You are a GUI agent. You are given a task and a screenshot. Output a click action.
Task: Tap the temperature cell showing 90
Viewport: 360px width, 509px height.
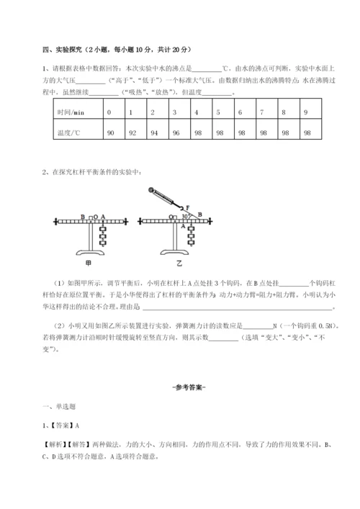(110, 133)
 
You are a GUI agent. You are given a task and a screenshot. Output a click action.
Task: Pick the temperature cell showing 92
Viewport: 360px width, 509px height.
(131, 133)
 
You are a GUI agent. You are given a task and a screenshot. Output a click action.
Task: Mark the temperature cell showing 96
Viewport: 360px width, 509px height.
(175, 133)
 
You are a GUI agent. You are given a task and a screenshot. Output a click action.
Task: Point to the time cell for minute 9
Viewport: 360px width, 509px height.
(307, 114)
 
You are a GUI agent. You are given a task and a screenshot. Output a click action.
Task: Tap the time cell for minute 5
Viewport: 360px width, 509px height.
(219, 114)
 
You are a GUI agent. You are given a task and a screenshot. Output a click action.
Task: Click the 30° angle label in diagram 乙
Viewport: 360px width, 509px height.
(185, 215)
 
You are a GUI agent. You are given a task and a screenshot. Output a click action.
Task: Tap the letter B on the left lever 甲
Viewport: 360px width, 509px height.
(84, 215)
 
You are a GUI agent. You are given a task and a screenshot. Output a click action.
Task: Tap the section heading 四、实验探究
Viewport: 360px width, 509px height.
(63, 50)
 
